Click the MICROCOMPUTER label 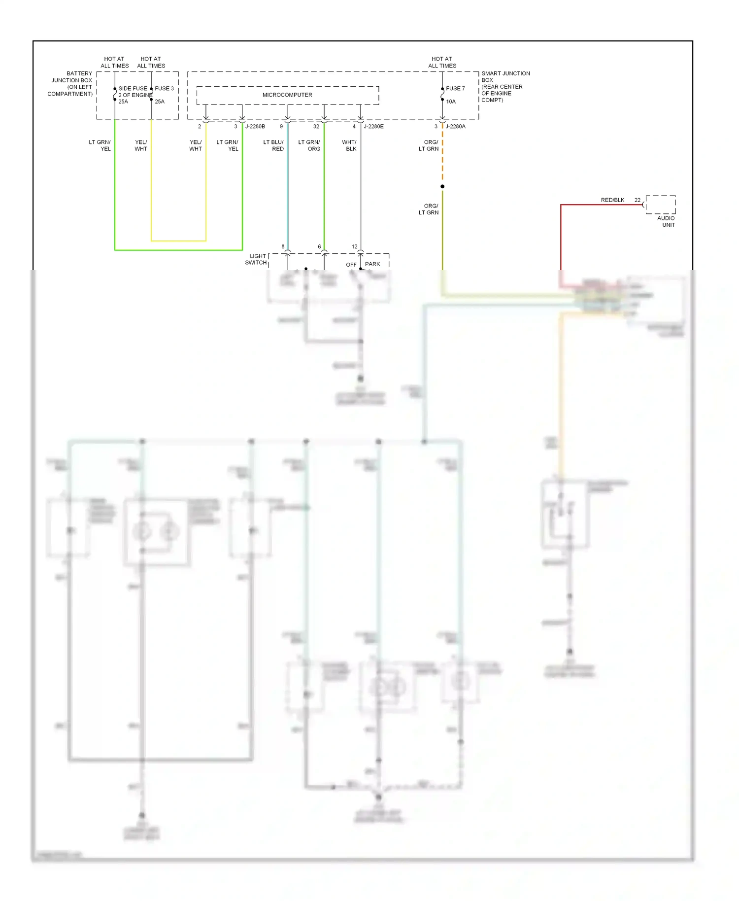coord(287,95)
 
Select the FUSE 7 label coord(455,88)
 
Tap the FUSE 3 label coord(164,88)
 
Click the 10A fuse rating coord(451,102)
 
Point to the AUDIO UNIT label coord(666,221)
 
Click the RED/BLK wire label coord(612,200)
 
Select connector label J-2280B coord(255,127)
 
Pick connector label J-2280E coord(373,127)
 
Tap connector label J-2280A coord(455,127)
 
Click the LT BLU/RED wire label coord(274,145)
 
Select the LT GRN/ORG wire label coord(309,145)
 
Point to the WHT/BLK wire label coord(349,145)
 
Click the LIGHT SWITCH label coord(256,259)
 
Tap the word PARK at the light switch coord(372,264)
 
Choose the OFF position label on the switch coord(351,265)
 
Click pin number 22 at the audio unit coord(638,200)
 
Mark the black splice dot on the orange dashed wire coord(442,186)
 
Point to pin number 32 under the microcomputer coord(316,127)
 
